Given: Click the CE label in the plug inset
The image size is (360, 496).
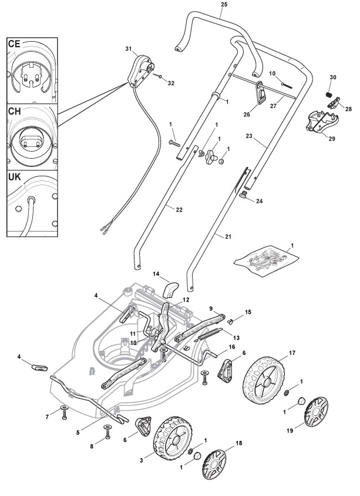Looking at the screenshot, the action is (x=14, y=43).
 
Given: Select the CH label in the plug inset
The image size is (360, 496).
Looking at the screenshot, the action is (x=15, y=111).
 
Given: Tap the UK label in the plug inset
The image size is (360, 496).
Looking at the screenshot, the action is (x=15, y=176).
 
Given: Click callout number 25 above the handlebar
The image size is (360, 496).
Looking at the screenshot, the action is (x=224, y=5).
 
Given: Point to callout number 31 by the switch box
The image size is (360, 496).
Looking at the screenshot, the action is (x=129, y=49).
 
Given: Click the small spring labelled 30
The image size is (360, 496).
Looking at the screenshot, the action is (x=328, y=94).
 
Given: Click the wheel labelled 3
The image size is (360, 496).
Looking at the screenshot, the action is (x=173, y=439).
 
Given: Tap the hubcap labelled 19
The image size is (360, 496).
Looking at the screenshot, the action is (x=316, y=411).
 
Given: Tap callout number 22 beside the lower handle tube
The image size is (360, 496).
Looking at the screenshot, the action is (x=179, y=210).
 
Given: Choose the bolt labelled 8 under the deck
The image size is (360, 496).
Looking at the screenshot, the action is (x=108, y=431).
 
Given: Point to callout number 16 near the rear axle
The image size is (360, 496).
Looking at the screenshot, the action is (x=231, y=347).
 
